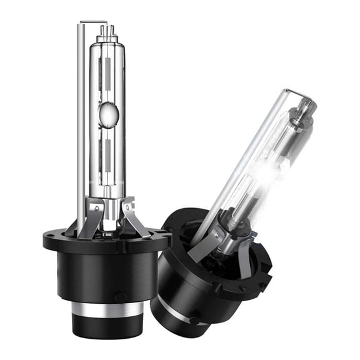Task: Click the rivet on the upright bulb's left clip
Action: tap(92, 206)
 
